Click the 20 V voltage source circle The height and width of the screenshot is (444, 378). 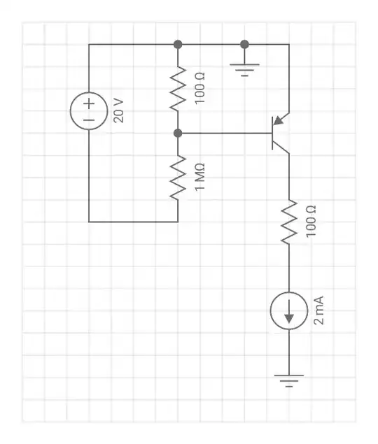click(89, 111)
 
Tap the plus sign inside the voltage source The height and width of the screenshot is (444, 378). click(89, 103)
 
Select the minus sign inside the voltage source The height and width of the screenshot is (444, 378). click(89, 120)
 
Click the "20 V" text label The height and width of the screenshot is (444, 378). click(119, 111)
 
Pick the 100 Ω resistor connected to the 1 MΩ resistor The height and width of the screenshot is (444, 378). click(178, 88)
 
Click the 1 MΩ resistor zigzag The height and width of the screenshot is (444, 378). click(178, 177)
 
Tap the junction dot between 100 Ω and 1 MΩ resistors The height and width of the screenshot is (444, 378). click(178, 133)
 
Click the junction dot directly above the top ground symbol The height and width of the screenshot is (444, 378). click(244, 44)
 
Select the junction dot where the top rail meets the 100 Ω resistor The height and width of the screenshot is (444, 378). click(178, 44)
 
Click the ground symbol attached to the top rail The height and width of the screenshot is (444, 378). click(244, 69)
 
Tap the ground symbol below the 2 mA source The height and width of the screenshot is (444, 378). click(288, 382)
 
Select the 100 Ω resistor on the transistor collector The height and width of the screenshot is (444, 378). click(288, 222)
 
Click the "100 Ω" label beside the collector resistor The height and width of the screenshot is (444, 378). click(311, 222)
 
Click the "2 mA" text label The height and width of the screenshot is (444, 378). click(319, 311)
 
